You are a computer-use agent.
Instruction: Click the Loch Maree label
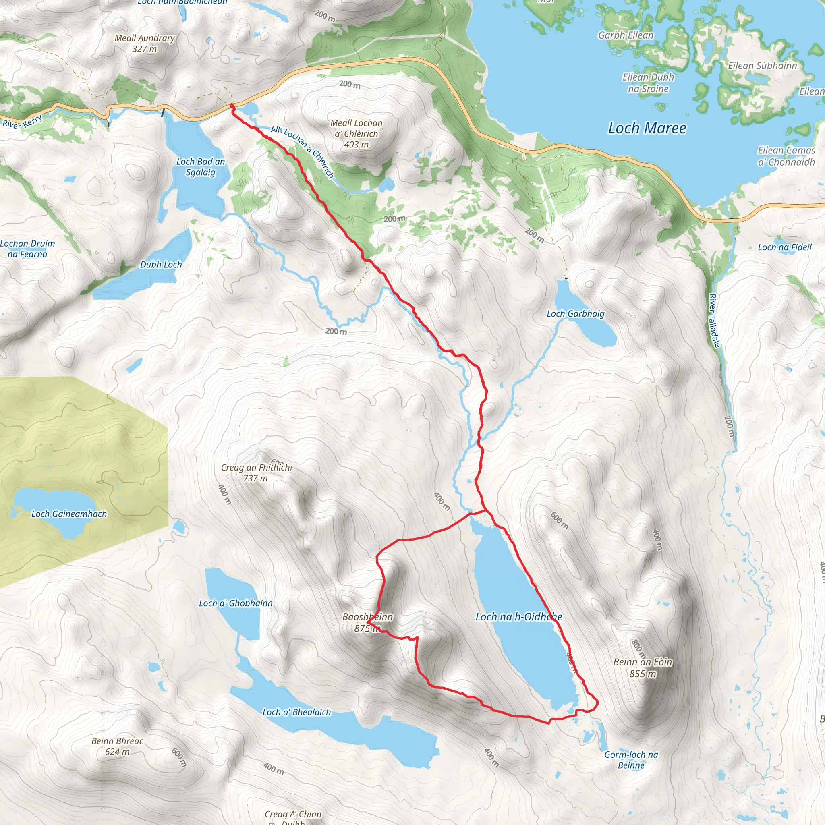pos(647,128)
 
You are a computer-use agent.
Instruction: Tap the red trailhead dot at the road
pos(232,106)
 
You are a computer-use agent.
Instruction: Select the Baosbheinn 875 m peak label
pos(367,622)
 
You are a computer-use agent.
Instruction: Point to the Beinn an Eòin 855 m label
pos(643,668)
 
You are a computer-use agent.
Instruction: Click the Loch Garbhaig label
pos(576,314)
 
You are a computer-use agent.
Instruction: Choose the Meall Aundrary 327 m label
pos(145,43)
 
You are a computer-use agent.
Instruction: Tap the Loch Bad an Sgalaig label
pos(200,167)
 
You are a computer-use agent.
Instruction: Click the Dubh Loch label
pos(161,265)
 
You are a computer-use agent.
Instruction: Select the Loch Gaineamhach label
pos(69,514)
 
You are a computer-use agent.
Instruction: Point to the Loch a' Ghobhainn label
pos(236,603)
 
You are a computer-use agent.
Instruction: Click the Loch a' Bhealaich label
pos(296,712)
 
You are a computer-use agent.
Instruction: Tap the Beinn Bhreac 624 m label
pos(118,746)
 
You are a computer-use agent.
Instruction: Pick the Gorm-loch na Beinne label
pos(631,760)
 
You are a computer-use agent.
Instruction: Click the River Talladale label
pos(714,320)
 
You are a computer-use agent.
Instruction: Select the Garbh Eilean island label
pos(626,35)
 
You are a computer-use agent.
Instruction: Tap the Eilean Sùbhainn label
pos(762,66)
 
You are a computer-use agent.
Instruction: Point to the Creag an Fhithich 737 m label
pos(256,473)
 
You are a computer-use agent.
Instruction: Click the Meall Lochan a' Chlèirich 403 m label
pos(357,134)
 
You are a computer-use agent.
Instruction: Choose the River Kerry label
pos(23,122)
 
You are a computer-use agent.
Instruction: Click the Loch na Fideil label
pos(784,247)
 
